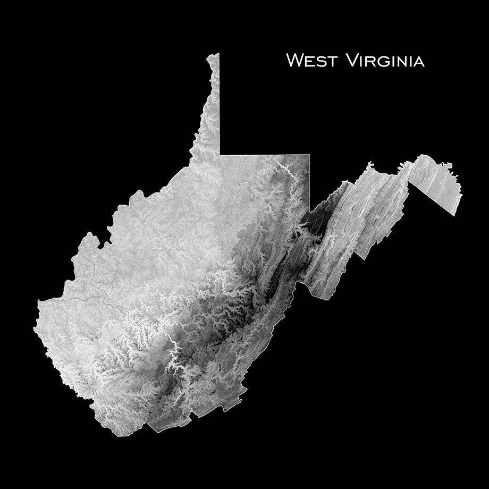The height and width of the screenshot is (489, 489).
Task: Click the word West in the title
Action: pyautogui.click(x=311, y=61)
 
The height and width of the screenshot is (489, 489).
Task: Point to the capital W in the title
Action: pyautogui.click(x=295, y=60)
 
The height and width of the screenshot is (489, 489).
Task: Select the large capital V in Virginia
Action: pyautogui.click(x=353, y=60)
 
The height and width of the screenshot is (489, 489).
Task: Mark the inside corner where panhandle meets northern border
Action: pyautogui.click(x=220, y=154)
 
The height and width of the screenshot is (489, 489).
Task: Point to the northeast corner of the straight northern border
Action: pyautogui.click(x=309, y=155)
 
